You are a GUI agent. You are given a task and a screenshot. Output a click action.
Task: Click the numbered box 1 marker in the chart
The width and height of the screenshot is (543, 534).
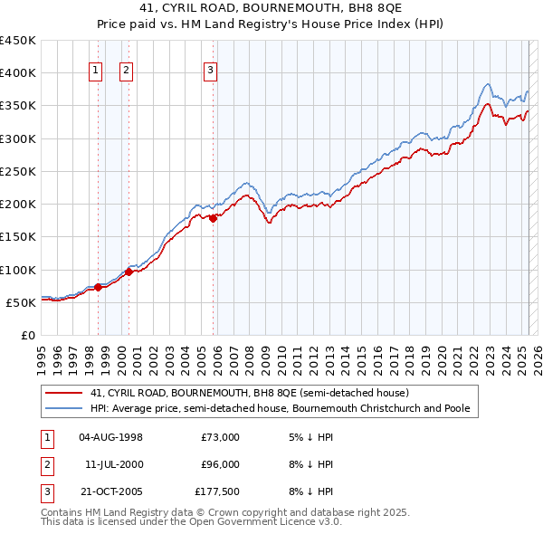[x=96, y=72]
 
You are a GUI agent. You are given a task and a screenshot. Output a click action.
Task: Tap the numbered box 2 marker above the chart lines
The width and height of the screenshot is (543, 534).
[x=127, y=72]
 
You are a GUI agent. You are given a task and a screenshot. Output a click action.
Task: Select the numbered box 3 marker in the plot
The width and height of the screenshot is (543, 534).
[x=210, y=72]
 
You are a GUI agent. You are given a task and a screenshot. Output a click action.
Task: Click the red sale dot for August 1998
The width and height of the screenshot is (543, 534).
[x=98, y=287]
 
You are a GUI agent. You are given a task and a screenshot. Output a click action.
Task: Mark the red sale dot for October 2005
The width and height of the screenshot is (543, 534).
[x=214, y=218]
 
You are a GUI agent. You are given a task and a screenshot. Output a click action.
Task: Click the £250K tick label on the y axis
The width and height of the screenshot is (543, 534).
[x=18, y=171]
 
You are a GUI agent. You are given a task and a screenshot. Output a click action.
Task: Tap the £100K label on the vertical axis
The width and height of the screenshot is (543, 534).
[x=18, y=270]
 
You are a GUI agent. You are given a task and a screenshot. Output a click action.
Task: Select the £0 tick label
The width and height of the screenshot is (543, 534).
[x=28, y=336]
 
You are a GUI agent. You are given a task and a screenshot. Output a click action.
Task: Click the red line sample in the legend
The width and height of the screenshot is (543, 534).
[x=63, y=394]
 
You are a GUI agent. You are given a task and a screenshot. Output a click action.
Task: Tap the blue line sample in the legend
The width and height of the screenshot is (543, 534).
[x=63, y=409]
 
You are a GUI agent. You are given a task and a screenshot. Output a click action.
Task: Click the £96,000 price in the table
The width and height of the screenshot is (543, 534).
[x=219, y=465]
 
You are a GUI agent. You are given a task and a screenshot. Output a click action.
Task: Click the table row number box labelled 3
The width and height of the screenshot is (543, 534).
[x=46, y=492]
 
